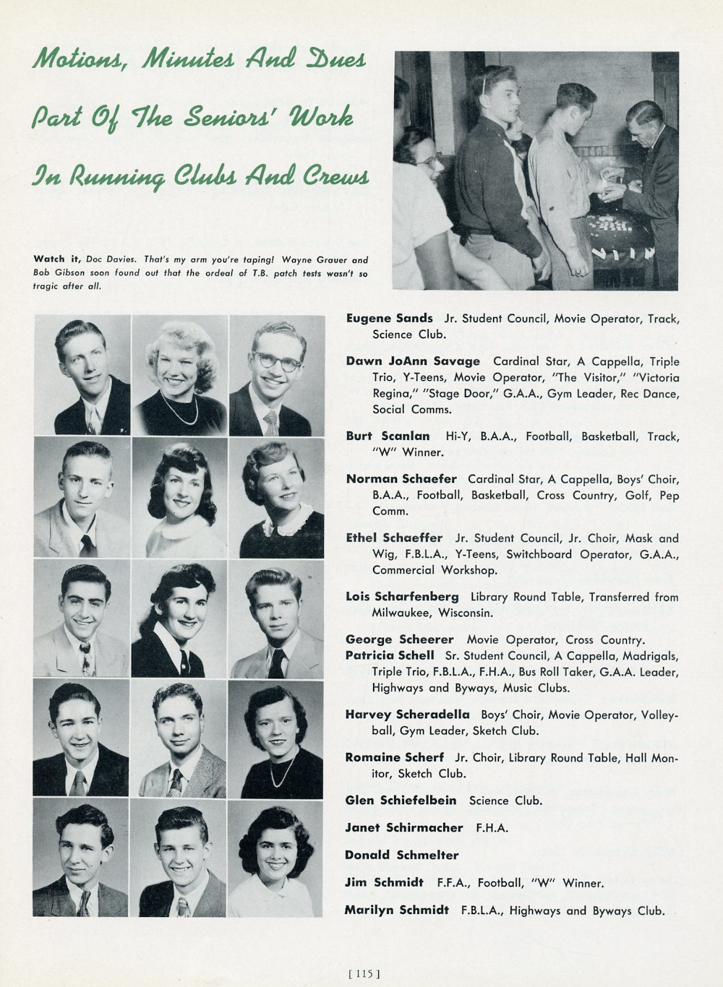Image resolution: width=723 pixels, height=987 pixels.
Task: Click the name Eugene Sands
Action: (389, 318)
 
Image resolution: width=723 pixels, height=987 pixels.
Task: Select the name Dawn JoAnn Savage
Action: (412, 361)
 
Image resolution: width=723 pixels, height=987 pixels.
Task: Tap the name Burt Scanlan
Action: (388, 436)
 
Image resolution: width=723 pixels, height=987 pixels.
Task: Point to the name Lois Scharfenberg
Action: (402, 597)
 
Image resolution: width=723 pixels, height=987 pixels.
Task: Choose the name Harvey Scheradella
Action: (407, 715)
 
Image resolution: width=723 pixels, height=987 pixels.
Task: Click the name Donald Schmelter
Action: (401, 855)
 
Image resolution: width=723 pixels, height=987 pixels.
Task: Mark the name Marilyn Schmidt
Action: (396, 910)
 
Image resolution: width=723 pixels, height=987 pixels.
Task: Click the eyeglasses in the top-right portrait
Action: (277, 361)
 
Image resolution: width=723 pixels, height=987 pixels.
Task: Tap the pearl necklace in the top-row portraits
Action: (179, 413)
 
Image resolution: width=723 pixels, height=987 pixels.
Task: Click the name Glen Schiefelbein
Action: (401, 800)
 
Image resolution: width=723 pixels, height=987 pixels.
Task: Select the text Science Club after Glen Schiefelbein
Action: (505, 801)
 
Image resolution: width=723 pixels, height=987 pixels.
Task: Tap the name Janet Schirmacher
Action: (403, 827)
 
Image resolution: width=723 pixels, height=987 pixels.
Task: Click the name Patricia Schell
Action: (390, 655)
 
